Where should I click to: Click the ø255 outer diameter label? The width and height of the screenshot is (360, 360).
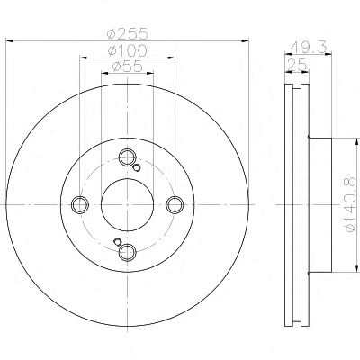click(128, 33)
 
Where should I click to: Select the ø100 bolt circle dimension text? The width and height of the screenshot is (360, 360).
click(128, 50)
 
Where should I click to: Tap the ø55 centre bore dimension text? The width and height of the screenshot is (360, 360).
click(128, 67)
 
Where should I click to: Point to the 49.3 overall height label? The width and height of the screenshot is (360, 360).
click(309, 47)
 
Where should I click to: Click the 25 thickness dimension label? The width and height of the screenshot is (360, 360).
click(297, 64)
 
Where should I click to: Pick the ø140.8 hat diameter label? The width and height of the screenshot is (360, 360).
click(351, 204)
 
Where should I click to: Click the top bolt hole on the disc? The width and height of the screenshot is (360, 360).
click(128, 157)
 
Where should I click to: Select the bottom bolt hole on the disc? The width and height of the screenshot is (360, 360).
click(128, 252)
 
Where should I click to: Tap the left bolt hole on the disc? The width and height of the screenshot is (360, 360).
click(80, 204)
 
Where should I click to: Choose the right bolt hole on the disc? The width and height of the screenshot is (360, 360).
click(175, 204)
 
